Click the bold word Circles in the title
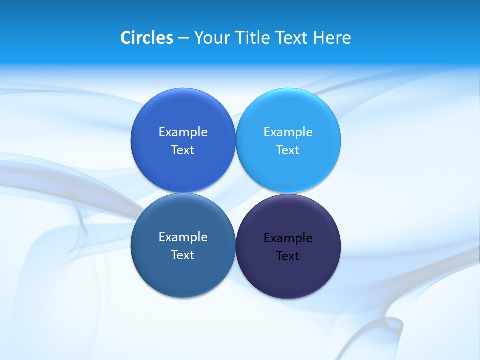click(x=146, y=37)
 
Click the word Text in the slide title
click(x=292, y=37)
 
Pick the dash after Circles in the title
click(x=183, y=38)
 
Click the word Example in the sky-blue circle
click(x=288, y=132)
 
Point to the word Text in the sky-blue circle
click(x=288, y=150)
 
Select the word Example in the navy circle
click(x=288, y=238)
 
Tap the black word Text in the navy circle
click(x=288, y=256)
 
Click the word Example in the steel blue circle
click(x=183, y=237)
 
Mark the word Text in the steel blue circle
click(x=183, y=255)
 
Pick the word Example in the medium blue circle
click(x=183, y=132)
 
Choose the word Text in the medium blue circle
click(x=183, y=150)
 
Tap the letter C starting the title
click(x=125, y=37)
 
